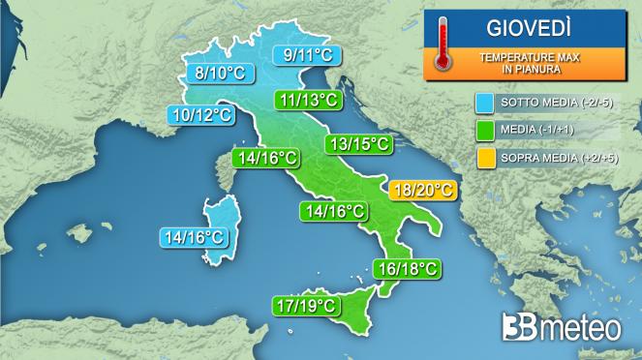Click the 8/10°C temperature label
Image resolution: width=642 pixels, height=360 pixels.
coord(222,72)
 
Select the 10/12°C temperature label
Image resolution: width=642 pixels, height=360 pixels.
coord(200,115)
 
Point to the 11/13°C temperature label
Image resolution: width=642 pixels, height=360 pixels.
coord(308,100)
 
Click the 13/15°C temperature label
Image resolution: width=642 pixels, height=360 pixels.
coord(358,144)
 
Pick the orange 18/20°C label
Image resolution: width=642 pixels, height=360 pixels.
coord(421,190)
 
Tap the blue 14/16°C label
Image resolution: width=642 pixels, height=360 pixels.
coord(195,235)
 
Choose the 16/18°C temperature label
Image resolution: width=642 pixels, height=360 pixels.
coord(407,267)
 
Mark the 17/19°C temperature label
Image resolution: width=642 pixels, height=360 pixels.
coord(305,306)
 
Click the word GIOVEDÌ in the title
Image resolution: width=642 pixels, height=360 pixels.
coord(522,22)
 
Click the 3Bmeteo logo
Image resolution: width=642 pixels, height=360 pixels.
coord(561,327)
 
